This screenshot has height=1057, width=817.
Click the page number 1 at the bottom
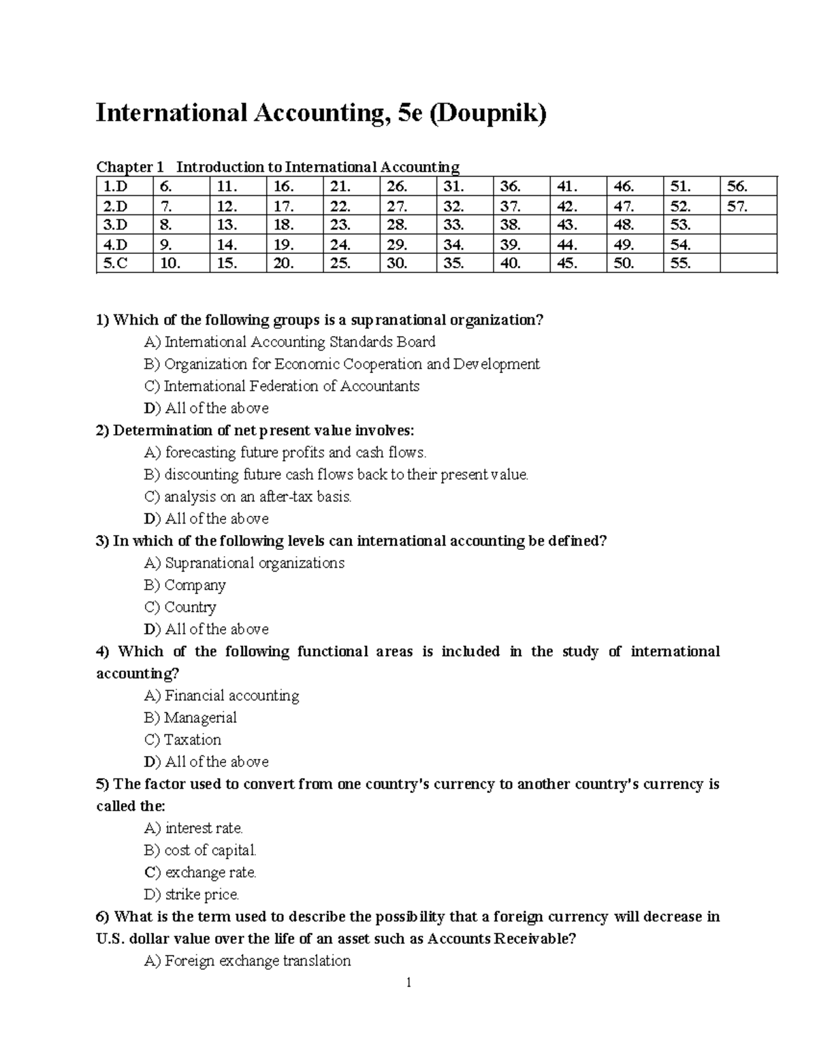408,982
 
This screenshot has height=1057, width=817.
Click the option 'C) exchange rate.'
201,872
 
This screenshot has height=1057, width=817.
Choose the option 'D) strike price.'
192,894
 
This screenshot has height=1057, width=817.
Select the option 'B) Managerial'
191,717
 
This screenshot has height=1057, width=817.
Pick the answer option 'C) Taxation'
182,739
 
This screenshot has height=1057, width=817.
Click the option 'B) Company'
185,585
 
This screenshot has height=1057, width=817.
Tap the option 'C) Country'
180,607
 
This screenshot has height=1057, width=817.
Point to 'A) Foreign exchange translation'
248,960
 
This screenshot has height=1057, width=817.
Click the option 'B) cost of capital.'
201,850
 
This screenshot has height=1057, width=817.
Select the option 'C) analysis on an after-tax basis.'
249,496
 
